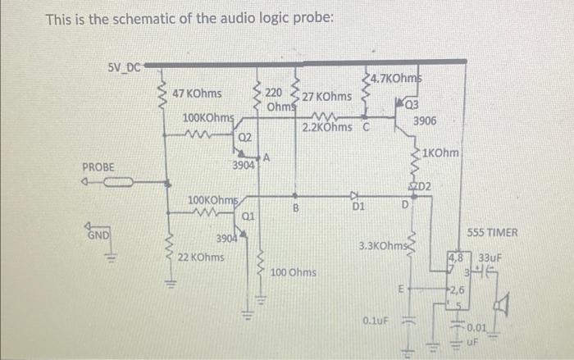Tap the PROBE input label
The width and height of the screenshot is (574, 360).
click(99, 167)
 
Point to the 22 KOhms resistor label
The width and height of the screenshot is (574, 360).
click(201, 257)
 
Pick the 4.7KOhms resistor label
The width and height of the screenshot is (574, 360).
click(394, 79)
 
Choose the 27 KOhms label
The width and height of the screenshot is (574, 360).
click(327, 97)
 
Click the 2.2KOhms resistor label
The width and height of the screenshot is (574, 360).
click(327, 127)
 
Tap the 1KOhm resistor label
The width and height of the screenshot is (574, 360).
click(443, 153)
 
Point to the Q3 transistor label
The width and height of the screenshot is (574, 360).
click(411, 105)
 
